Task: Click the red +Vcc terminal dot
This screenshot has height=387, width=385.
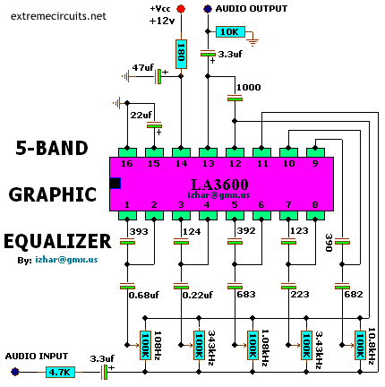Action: tap(181, 9)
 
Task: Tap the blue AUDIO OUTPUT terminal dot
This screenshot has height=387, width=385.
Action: tap(208, 9)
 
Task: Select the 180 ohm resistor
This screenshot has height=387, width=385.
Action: tap(181, 54)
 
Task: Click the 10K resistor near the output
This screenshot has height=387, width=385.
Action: tap(230, 31)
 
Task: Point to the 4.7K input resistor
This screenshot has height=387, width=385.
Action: tap(60, 372)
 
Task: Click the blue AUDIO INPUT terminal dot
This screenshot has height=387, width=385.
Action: tap(15, 372)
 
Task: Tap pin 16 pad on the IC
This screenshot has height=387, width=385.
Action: tap(127, 152)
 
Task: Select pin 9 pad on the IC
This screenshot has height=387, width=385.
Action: tap(315, 152)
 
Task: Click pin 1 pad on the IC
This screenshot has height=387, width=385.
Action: tap(127, 215)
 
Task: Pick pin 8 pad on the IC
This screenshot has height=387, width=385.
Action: tap(315, 215)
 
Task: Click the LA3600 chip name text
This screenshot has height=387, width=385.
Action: tap(219, 185)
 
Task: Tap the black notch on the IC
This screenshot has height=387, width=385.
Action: tap(115, 183)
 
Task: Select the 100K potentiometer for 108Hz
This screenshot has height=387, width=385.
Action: tap(145, 345)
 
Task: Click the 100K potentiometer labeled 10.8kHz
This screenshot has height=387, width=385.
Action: tap(360, 345)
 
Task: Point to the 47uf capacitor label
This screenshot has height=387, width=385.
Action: tap(142, 68)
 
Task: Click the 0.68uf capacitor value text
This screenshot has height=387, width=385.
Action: tap(144, 295)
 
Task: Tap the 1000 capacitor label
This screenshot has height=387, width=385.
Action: tap(249, 87)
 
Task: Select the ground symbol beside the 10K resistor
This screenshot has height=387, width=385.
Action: tap(253, 42)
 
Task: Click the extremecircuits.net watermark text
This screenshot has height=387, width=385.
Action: tap(58, 16)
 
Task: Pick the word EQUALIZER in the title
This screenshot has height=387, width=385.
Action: tap(57, 241)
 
